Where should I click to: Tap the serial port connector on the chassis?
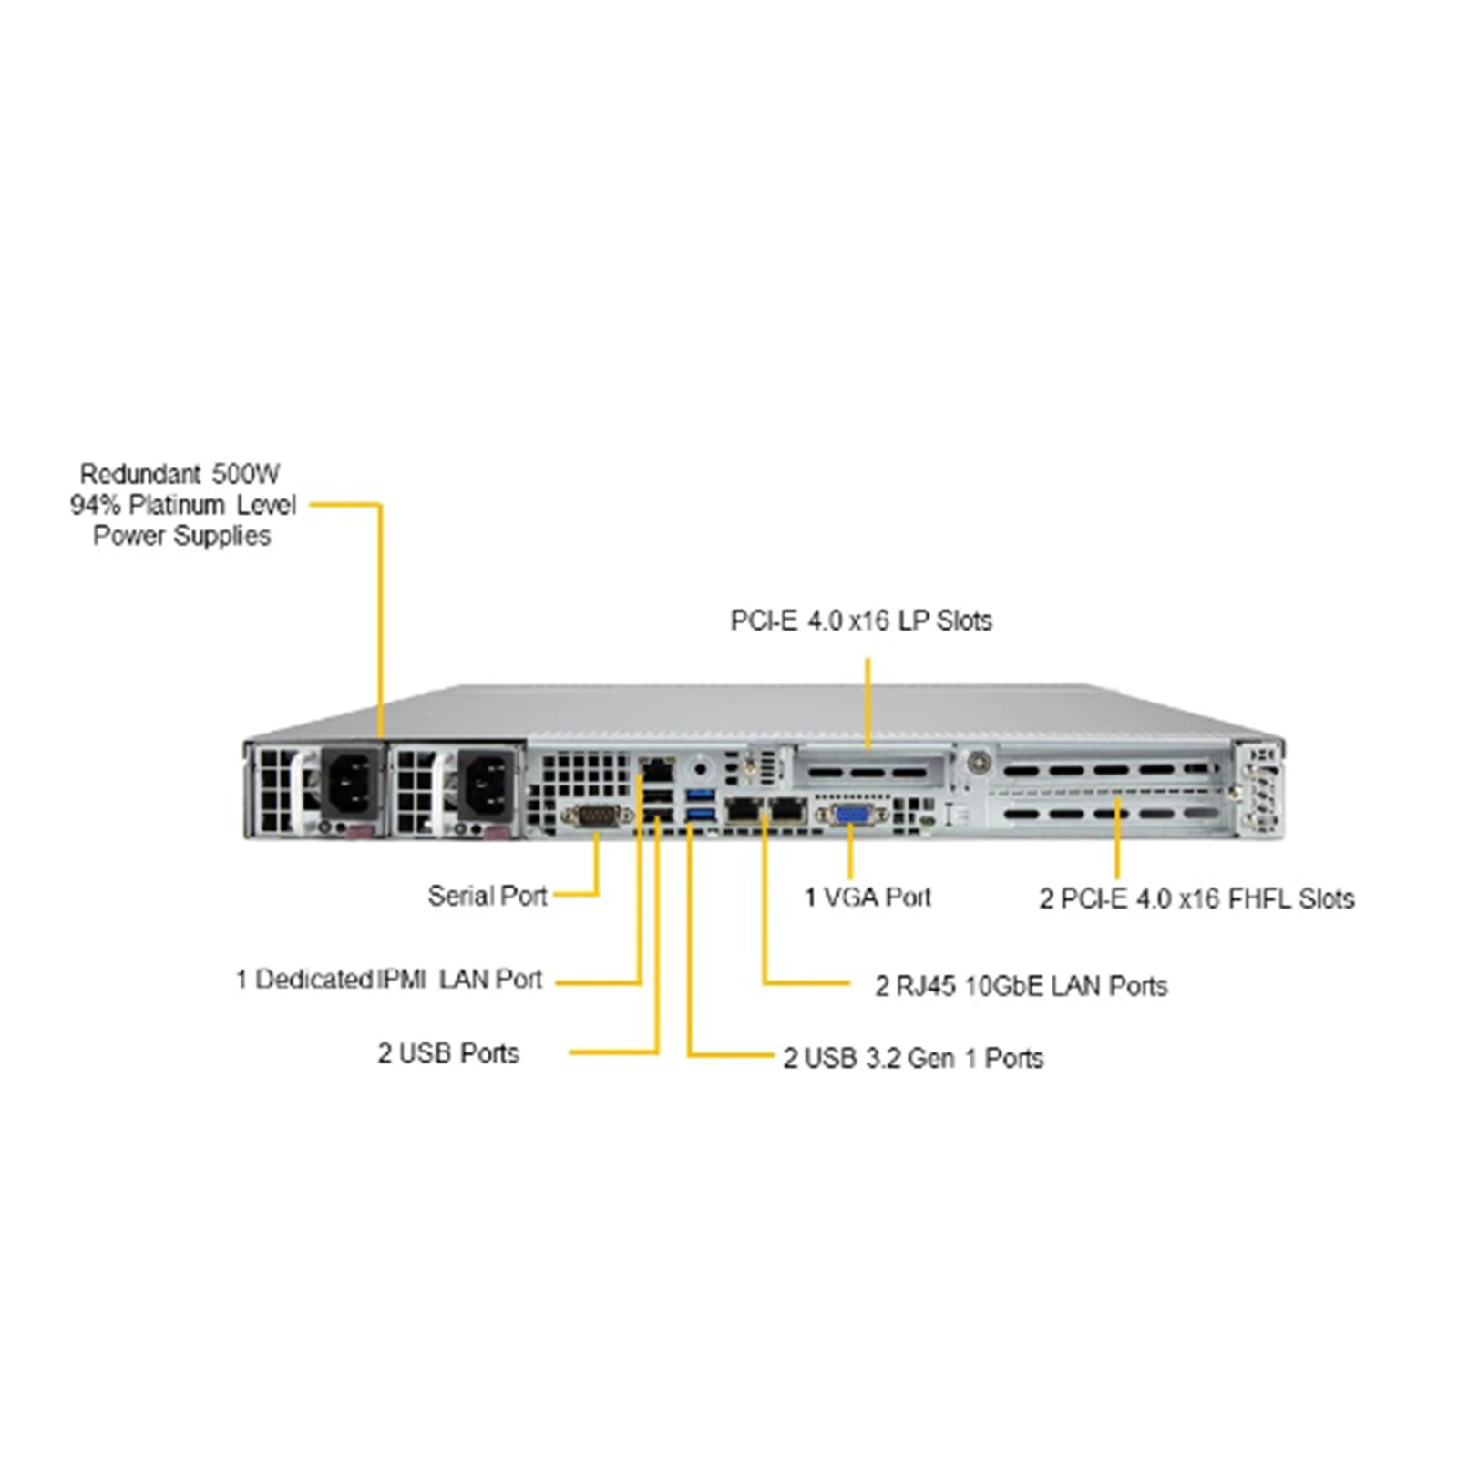597,816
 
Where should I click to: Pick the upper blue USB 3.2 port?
700,795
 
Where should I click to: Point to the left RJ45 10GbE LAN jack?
744,808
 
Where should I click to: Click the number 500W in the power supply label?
246,474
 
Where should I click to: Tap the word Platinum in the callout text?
177,505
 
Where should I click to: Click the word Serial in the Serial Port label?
460,896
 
